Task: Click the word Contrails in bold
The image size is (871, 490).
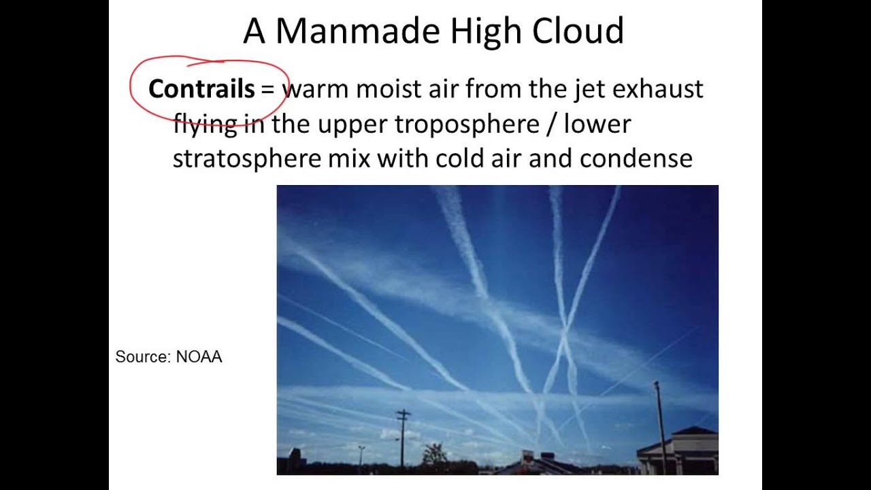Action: coord(201,89)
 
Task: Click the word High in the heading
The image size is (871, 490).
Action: coord(484,31)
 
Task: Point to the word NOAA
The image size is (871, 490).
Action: coord(199,357)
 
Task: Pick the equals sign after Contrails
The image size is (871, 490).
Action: coord(267,90)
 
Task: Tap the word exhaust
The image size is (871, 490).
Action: coord(657,89)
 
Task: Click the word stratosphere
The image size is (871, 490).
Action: coord(246,159)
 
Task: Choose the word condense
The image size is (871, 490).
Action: coord(636,159)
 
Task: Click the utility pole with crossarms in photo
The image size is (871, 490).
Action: coord(404,436)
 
